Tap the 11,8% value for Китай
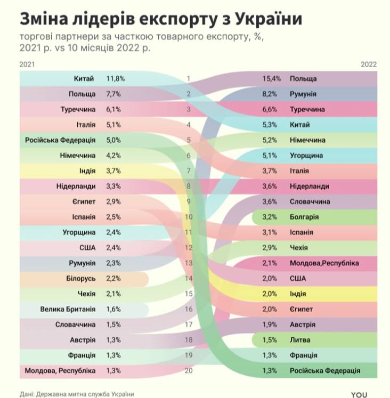coord(116,79)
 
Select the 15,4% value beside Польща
coord(271,79)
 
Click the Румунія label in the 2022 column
coord(304,94)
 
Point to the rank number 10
coord(188,217)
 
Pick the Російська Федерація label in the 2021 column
coord(60,141)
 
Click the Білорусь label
coord(81,279)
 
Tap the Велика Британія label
coord(68,309)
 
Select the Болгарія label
coord(304,217)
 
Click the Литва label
coord(300,340)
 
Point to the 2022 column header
coord(368,64)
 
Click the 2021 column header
coord(27,64)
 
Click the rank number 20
coord(188,371)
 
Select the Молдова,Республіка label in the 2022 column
coord(324,263)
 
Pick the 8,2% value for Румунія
coord(271,94)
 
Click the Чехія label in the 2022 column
coord(299,248)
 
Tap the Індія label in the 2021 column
coord(86,171)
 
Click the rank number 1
coord(188,79)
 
